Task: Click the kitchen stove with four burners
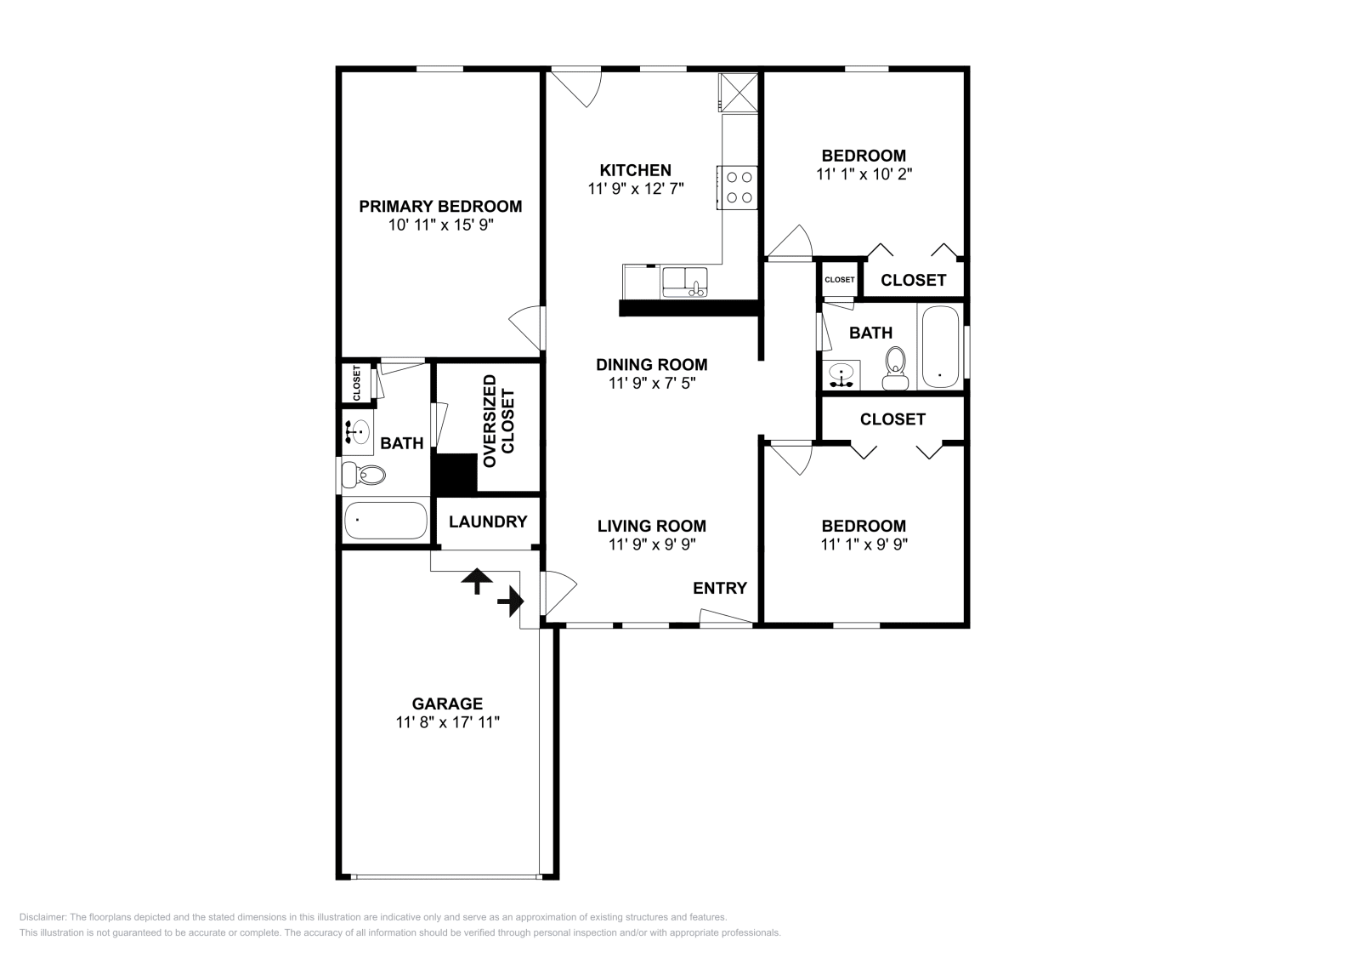(737, 187)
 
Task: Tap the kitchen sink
(684, 282)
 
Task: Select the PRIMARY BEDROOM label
(439, 206)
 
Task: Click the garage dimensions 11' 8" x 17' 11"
(447, 722)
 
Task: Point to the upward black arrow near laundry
(477, 581)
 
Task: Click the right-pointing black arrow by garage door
(510, 601)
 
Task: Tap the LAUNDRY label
(487, 521)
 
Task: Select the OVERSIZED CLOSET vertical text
(498, 421)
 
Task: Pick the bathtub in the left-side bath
(386, 520)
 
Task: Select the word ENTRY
(719, 588)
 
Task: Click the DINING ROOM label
(651, 364)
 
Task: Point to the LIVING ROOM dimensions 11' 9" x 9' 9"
(651, 544)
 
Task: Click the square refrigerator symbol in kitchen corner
(737, 93)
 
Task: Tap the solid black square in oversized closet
(455, 474)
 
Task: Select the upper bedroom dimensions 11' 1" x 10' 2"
(864, 174)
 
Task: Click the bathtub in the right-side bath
(939, 347)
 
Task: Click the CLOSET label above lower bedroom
(892, 419)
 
